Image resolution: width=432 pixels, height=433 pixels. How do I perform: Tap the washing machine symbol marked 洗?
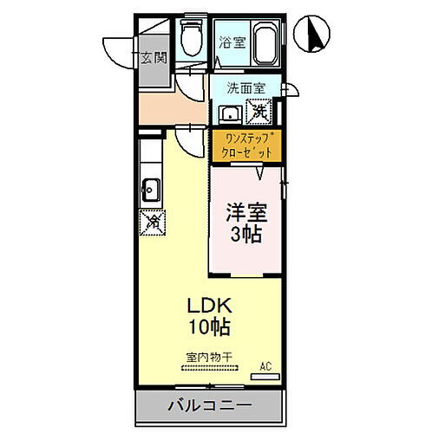click(x=259, y=111)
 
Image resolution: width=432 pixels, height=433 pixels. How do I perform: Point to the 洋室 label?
click(x=245, y=210)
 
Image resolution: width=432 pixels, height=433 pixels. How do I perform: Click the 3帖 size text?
click(x=245, y=234)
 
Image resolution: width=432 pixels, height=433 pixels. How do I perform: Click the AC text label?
click(x=266, y=367)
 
